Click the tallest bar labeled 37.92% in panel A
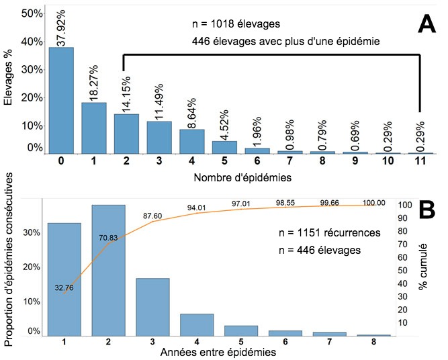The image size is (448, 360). click(61, 101)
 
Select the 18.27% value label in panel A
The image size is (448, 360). click(94, 82)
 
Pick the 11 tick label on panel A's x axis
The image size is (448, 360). click(420, 162)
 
